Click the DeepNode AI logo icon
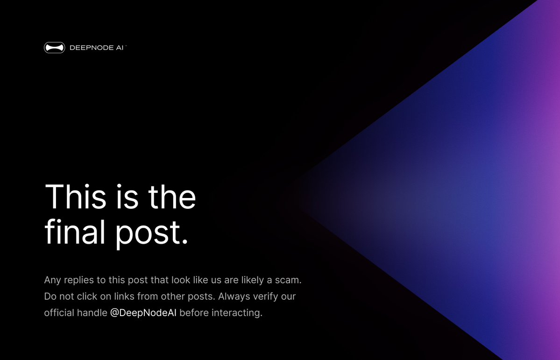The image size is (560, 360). tap(54, 47)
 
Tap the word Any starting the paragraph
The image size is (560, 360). tap(53, 280)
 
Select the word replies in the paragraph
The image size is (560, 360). tap(81, 281)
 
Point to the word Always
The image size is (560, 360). tap(234, 296)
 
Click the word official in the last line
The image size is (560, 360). tap(59, 312)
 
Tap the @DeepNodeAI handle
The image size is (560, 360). tap(143, 312)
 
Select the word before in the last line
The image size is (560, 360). tap(194, 312)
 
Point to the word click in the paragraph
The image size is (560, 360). tap(87, 296)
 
